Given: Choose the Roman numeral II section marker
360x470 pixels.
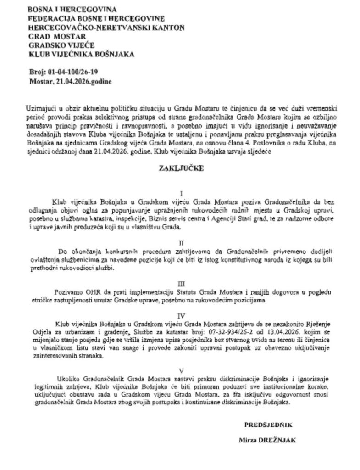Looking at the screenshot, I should pos(182,240).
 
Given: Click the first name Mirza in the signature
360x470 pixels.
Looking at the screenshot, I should pos(247,440).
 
